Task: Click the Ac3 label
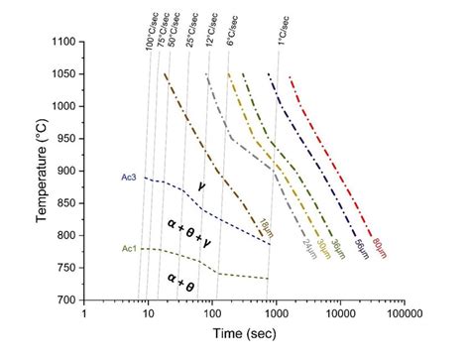129,178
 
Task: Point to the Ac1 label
129,248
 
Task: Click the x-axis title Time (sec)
241,340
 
